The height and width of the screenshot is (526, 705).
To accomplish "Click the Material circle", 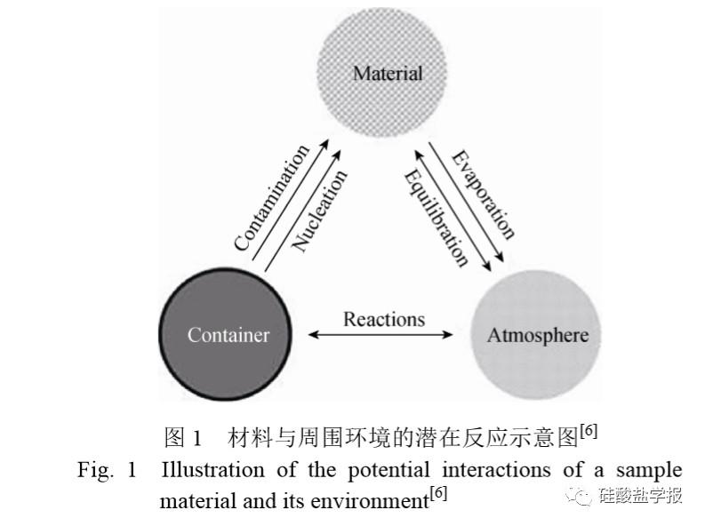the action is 381,72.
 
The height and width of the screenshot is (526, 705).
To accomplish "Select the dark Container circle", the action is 225,334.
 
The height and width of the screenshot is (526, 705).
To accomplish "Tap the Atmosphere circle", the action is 535,335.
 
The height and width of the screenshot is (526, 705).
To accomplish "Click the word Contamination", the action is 272,197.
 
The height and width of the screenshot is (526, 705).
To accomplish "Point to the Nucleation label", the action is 320,211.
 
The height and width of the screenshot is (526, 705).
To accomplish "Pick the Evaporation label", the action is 484,194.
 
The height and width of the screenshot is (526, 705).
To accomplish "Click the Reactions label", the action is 384,319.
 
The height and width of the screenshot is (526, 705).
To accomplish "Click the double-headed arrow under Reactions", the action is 381,335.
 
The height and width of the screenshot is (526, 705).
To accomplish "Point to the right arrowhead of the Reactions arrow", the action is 448,335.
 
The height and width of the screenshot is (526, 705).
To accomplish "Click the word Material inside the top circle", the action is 388,74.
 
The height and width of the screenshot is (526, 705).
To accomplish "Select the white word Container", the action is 228,335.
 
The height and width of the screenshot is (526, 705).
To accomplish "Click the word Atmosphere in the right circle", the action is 538,336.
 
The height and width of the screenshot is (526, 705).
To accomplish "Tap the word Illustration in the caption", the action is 212,470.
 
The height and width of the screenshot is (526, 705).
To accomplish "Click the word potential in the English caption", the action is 389,471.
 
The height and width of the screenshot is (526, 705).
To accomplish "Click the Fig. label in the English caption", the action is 95,471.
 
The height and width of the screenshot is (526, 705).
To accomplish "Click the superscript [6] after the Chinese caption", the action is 589,432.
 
